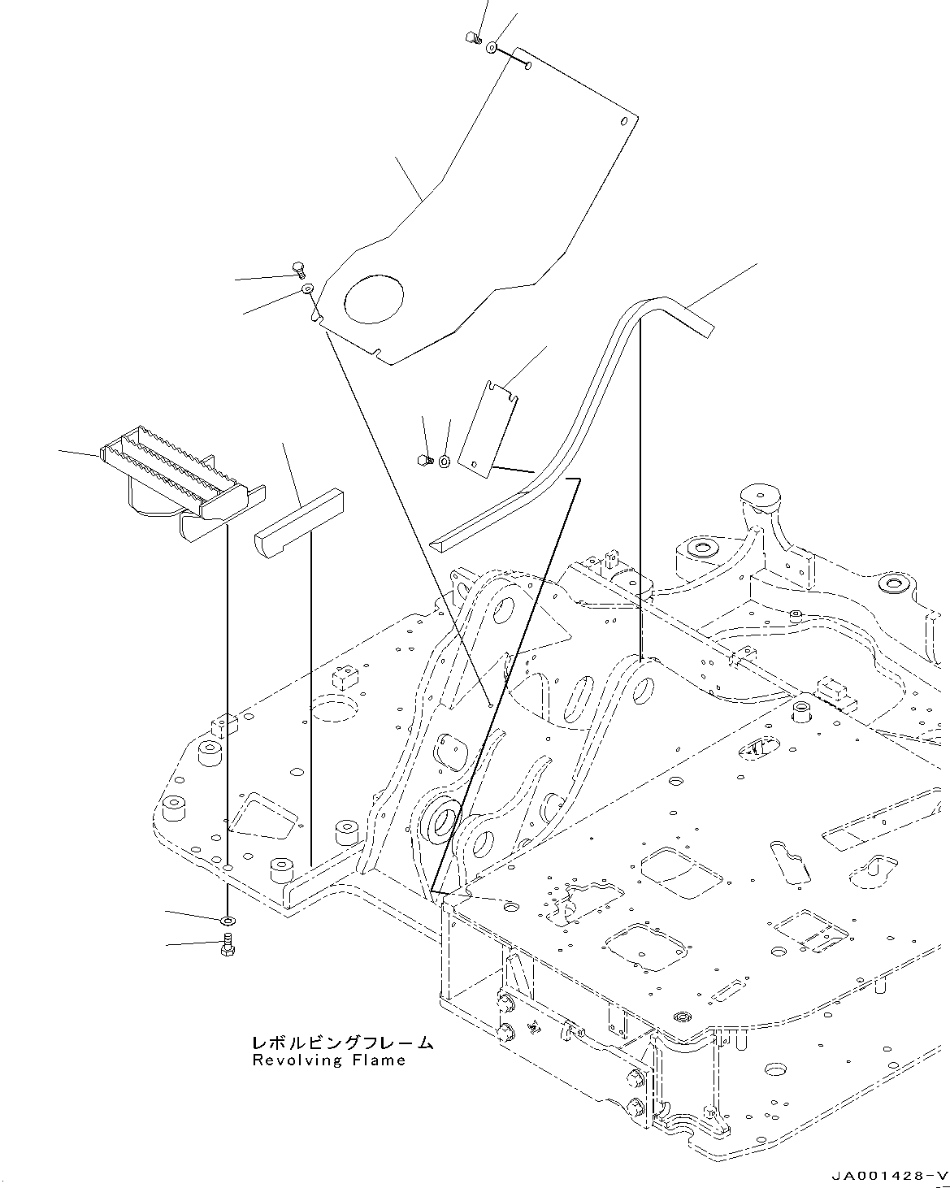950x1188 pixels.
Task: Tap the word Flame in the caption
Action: (379, 1060)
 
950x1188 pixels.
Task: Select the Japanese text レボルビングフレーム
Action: (341, 1043)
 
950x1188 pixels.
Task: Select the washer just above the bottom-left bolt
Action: (228, 921)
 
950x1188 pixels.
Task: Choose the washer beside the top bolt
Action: (492, 48)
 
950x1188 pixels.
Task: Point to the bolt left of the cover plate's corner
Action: (297, 268)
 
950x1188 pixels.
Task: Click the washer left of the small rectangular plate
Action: (445, 462)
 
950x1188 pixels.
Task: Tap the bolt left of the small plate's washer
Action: (423, 460)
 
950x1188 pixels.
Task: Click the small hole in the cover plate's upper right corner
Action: (624, 122)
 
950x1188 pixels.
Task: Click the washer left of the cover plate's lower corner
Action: (308, 289)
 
